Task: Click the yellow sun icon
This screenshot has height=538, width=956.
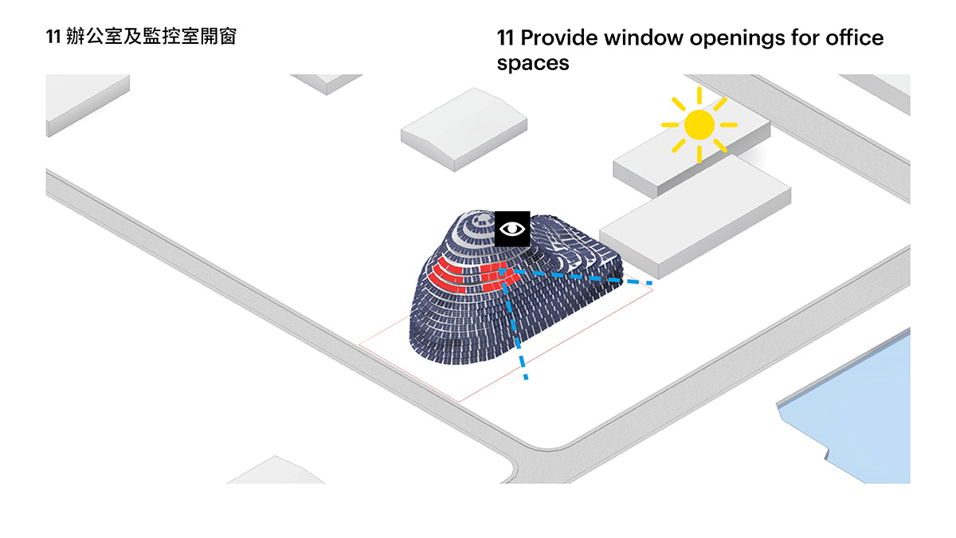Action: tap(699, 124)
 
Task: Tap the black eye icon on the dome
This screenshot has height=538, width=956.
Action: tap(512, 229)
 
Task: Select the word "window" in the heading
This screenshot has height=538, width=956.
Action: tap(644, 37)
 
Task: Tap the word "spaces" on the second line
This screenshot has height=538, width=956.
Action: tap(533, 64)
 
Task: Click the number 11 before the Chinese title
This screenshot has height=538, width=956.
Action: tap(53, 37)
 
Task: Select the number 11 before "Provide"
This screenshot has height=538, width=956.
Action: tap(505, 37)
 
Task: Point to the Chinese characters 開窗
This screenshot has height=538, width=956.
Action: tap(218, 37)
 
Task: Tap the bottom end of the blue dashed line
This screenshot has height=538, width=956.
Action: tap(527, 378)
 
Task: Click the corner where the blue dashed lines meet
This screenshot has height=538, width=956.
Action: tap(503, 271)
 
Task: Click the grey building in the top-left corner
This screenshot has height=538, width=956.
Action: tap(88, 104)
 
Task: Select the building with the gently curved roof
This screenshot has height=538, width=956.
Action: tap(464, 129)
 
